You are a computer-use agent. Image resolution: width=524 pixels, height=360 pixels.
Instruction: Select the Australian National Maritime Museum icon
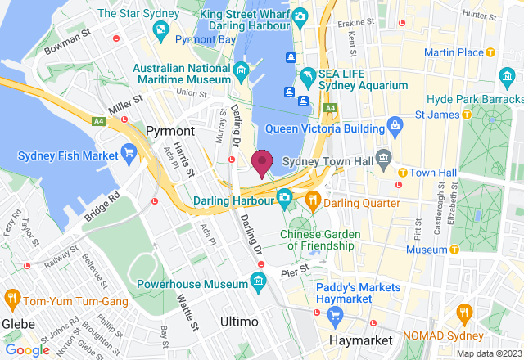coord(242,72)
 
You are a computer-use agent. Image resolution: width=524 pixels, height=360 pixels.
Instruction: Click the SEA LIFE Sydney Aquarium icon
coord(308,77)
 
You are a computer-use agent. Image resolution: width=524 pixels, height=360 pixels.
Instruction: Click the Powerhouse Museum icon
coord(259,283)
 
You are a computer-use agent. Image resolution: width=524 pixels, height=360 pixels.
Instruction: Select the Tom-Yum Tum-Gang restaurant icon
coord(11,298)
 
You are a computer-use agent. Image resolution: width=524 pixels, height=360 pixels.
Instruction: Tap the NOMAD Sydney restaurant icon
coord(465,313)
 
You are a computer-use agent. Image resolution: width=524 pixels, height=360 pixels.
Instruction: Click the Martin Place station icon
coord(490,52)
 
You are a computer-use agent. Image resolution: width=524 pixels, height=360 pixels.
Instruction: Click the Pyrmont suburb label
coord(169,131)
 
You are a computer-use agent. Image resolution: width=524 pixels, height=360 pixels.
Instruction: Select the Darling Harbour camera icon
coord(284,197)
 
